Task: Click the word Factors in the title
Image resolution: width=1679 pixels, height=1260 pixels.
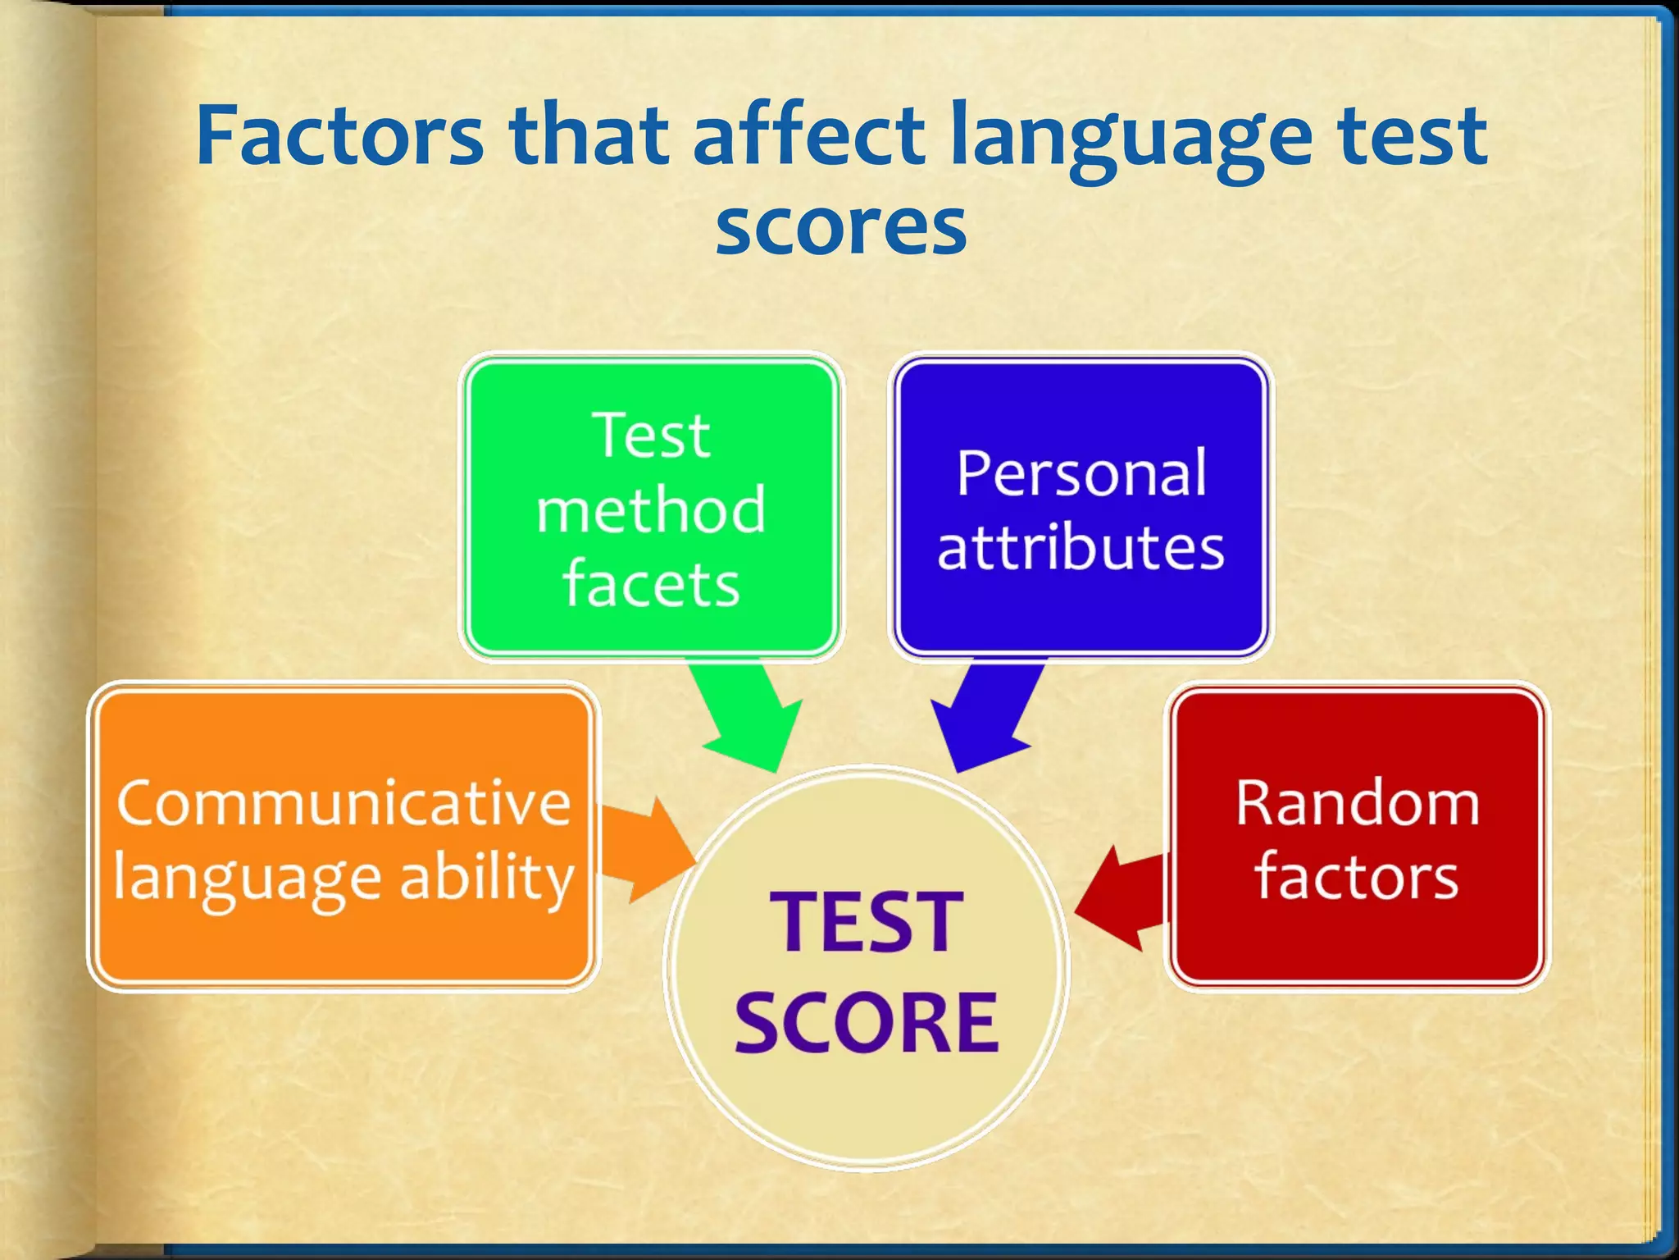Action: [x=339, y=135]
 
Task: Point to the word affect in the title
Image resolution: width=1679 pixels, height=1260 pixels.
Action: [x=808, y=135]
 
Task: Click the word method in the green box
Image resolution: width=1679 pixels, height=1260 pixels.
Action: [x=651, y=510]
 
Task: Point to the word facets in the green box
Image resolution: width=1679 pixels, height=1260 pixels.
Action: [x=651, y=585]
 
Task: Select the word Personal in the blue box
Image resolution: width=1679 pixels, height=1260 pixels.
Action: [x=1081, y=474]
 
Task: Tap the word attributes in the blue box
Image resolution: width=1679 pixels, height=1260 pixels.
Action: [x=1081, y=548]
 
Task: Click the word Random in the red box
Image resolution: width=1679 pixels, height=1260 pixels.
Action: [x=1358, y=803]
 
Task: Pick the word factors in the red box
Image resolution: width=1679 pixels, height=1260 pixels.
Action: [x=1357, y=877]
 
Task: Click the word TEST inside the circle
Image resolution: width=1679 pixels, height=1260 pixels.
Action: [x=866, y=923]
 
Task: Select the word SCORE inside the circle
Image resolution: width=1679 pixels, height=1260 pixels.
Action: [x=866, y=1022]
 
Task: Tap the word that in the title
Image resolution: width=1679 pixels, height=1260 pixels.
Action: [x=587, y=135]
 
